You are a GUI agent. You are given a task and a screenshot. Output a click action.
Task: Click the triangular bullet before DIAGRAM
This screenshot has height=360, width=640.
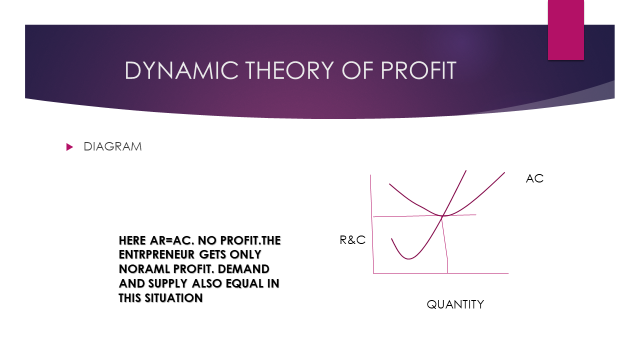pyautogui.click(x=70, y=147)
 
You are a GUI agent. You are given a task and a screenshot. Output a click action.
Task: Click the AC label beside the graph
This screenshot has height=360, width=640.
pyautogui.click(x=534, y=179)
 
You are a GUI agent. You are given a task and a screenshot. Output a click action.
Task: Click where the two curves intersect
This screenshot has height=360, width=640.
pyautogui.click(x=443, y=214)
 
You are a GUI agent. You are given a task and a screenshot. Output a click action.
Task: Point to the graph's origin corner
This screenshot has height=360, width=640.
pyautogui.click(x=373, y=274)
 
